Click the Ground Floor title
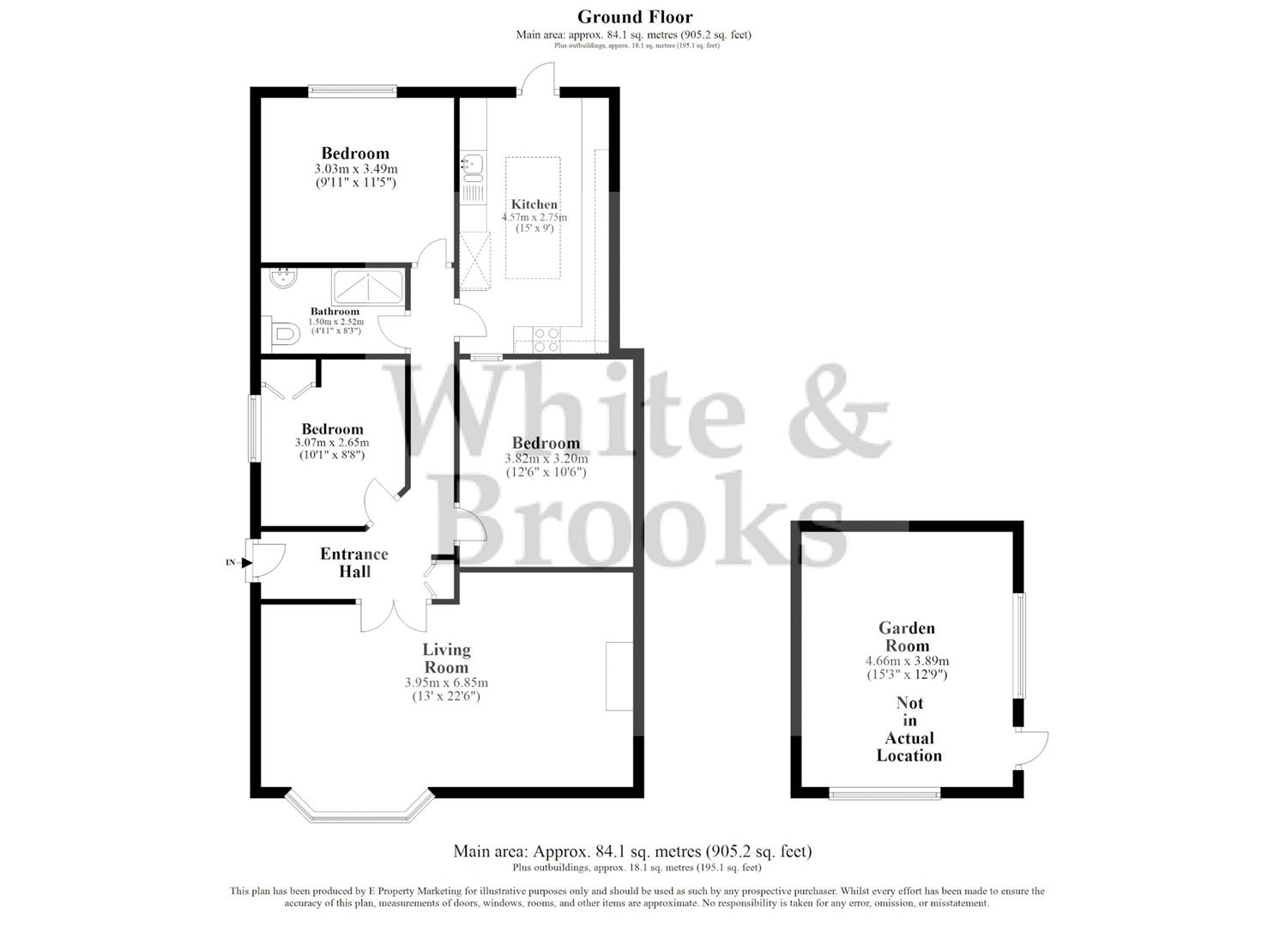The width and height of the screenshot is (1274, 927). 634,16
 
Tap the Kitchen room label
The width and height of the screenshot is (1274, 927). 534,204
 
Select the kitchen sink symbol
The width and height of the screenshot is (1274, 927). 472,164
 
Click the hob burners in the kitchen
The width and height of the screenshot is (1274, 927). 547,340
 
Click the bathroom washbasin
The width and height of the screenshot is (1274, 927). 281,278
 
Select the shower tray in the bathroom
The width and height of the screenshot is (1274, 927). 367,286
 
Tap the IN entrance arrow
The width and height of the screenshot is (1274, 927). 245,563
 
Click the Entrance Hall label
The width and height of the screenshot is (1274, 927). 354,562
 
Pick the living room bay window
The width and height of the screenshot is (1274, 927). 357,809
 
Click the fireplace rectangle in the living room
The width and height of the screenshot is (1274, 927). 619,676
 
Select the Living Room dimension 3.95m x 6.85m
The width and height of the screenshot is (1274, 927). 446,682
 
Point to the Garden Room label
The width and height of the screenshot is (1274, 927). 907,637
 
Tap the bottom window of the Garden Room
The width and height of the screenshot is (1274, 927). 885,794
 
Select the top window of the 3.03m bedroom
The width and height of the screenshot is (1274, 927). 353,88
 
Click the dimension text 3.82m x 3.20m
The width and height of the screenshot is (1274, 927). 546,459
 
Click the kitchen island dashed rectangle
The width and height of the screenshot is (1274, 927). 533,217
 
